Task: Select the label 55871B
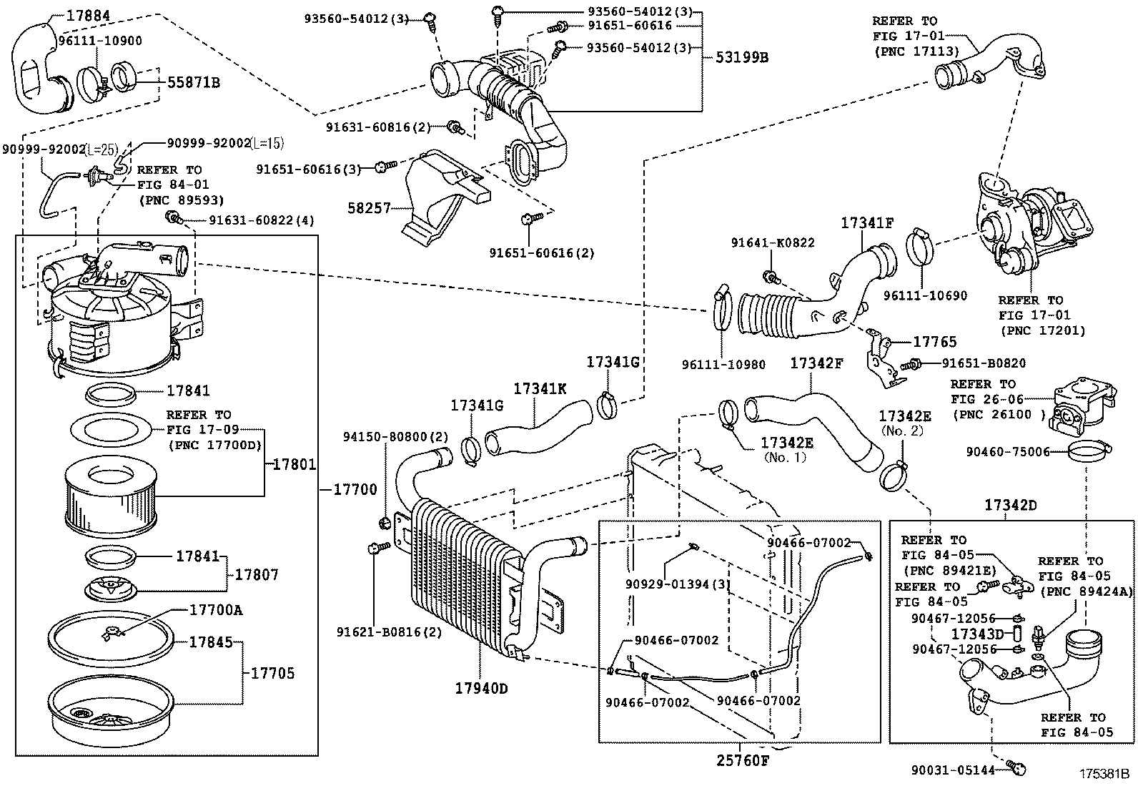tap(193, 83)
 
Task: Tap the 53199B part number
tap(741, 58)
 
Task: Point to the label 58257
tap(369, 208)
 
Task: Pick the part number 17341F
tap(867, 222)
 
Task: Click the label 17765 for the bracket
tap(934, 342)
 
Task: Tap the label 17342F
tap(816, 363)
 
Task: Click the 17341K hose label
tap(540, 388)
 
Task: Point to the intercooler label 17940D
tap(481, 689)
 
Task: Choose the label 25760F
tap(743, 760)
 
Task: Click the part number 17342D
tap(1010, 505)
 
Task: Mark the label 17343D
tap(978, 634)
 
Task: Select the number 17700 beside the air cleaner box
tap(355, 490)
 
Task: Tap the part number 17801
tap(294, 464)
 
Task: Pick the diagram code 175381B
tap(1103, 774)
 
